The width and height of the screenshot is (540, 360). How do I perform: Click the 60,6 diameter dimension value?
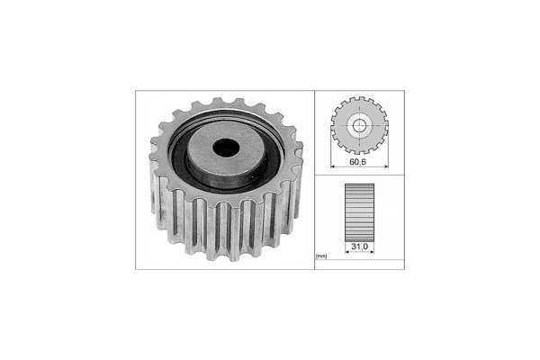pos(358,162)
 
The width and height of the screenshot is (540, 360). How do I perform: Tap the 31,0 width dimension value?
pos(359,247)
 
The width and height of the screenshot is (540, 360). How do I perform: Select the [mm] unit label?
pos(321,256)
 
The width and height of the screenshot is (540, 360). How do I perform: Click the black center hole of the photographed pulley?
pos(226,147)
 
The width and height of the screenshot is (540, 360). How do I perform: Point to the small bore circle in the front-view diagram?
pos(359,126)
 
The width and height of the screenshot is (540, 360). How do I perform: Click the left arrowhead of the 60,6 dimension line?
pos(332,166)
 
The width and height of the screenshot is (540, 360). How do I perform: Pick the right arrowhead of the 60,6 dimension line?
pos(386,166)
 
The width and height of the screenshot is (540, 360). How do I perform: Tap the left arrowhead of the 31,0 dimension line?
pos(347,252)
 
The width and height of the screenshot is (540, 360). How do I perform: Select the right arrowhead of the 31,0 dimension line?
pos(372,252)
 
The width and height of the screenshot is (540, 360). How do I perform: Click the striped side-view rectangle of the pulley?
pos(359,212)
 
